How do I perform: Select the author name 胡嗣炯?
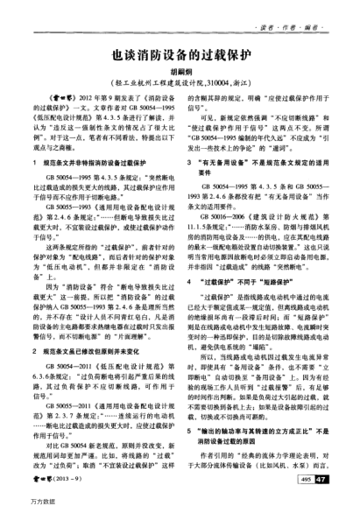click(x=180, y=73)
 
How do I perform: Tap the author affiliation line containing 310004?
click(x=180, y=85)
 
